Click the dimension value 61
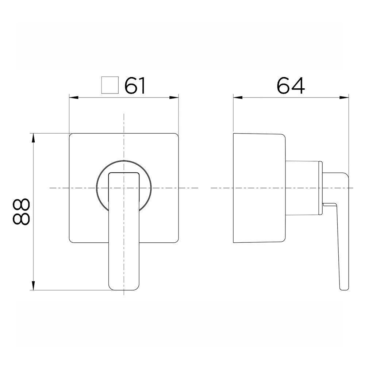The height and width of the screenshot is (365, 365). point(135,86)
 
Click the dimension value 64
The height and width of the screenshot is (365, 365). point(290,86)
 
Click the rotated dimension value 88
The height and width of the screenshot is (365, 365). point(21,212)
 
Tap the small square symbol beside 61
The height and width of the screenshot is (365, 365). point(109,86)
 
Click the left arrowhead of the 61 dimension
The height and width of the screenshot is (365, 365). point(73,97)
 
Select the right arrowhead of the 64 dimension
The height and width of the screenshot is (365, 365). point(345,97)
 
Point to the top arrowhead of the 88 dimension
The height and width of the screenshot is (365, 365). point(33,138)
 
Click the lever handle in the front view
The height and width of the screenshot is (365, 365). point(124,234)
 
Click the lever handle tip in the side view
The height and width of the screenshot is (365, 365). point(343,285)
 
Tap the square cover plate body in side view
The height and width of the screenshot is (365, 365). point(257,188)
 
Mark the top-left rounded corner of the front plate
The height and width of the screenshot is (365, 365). point(72,135)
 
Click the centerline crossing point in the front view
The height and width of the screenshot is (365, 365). point(124,188)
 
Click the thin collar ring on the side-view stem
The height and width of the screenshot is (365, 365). point(321,188)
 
